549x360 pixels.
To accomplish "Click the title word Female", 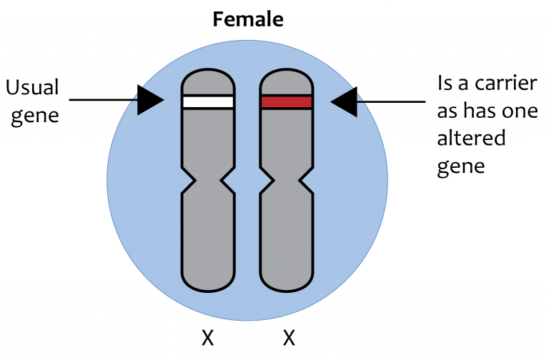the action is pyautogui.click(x=248, y=19).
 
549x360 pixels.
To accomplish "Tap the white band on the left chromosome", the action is pyautogui.click(x=208, y=102).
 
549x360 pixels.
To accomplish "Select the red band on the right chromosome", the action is pyautogui.click(x=287, y=102).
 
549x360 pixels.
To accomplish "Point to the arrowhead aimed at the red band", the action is pyautogui.click(x=344, y=102).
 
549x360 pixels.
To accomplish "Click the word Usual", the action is pyautogui.click(x=32, y=87).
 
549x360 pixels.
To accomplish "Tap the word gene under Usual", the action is pyautogui.click(x=34, y=116).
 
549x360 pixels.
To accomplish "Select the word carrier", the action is pyautogui.click(x=505, y=84).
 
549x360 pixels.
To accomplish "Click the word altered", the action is pyautogui.click(x=471, y=137).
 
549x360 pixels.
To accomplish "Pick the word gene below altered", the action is pyautogui.click(x=461, y=166).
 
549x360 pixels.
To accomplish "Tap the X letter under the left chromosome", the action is pyautogui.click(x=207, y=338).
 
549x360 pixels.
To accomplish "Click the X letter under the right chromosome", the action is pyautogui.click(x=289, y=338).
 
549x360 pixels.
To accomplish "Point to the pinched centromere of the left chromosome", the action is pyautogui.click(x=208, y=181).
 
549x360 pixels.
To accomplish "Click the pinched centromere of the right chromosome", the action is pyautogui.click(x=287, y=181).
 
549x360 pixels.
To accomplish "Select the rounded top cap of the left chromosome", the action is pyautogui.click(x=208, y=82).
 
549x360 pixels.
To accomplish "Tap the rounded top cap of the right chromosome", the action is pyautogui.click(x=287, y=82).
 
